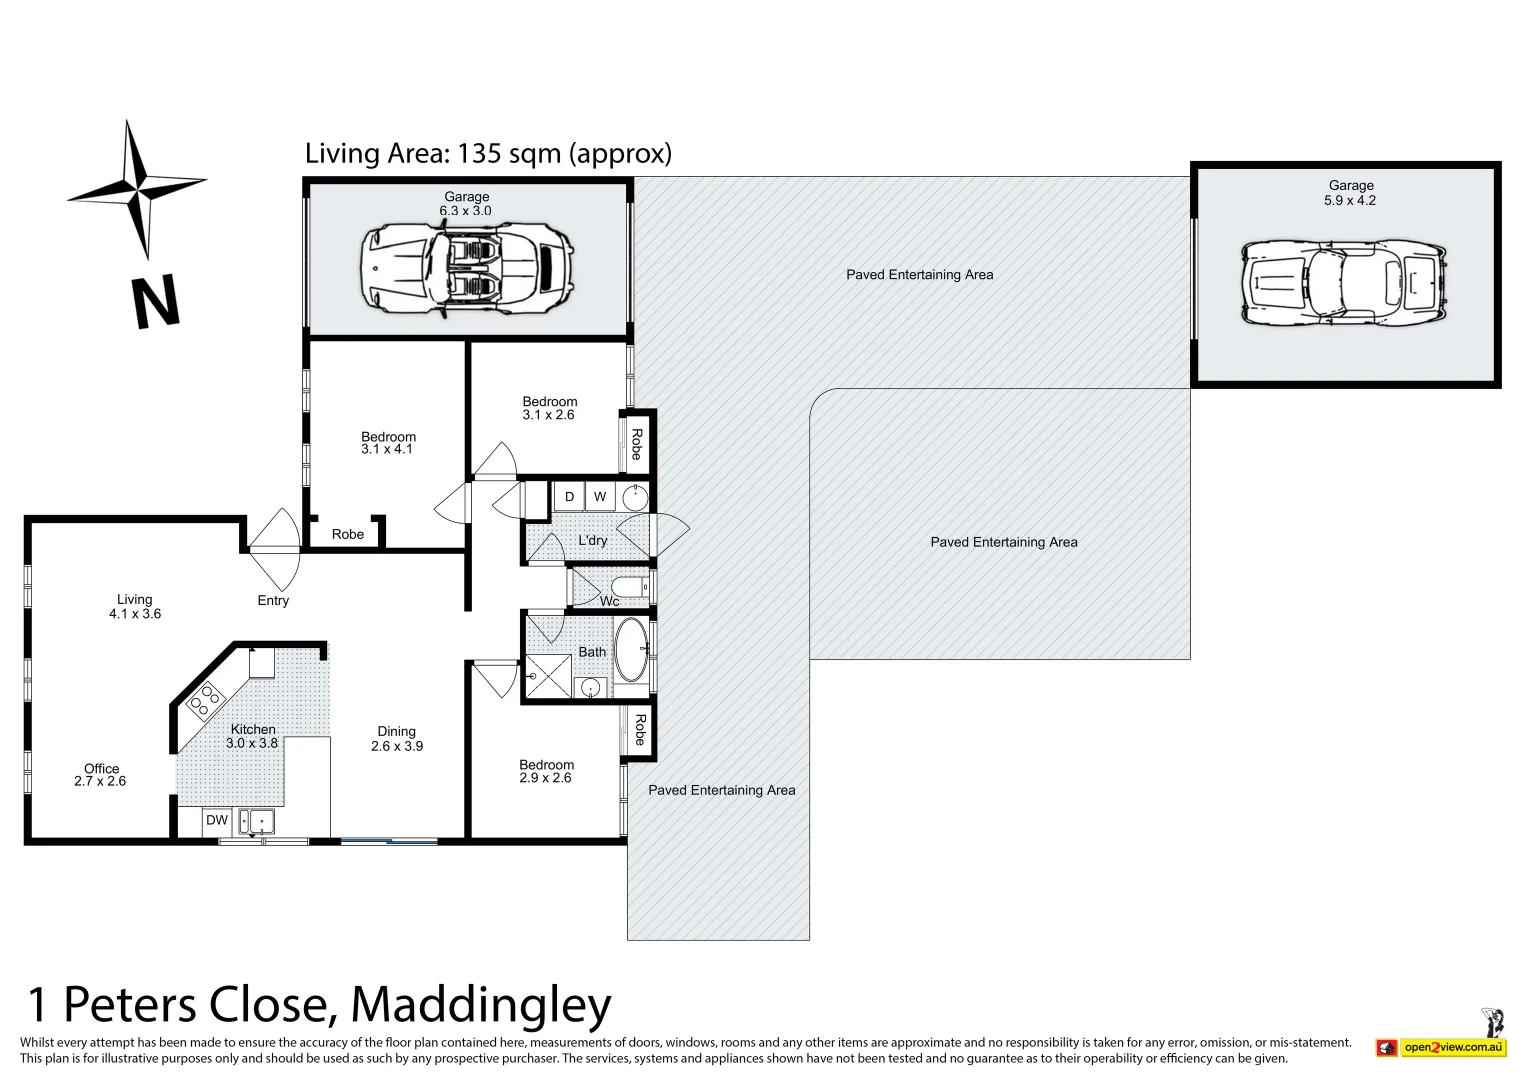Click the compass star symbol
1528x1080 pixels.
(x=137, y=188)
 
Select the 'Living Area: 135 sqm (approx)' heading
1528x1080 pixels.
(x=488, y=154)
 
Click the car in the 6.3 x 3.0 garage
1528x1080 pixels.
(x=466, y=265)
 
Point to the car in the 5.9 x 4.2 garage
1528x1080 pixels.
(x=1343, y=282)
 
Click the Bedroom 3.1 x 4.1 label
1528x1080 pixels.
(x=388, y=443)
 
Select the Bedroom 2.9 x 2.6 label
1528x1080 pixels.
(x=546, y=771)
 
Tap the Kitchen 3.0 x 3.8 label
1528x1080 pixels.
(x=252, y=736)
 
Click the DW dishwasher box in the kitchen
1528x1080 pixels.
(x=217, y=820)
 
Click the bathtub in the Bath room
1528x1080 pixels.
(x=631, y=650)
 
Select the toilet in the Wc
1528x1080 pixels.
(x=629, y=586)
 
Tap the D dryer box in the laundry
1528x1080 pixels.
(x=569, y=497)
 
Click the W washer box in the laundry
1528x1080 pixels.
(x=600, y=497)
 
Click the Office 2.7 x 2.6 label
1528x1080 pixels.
(x=100, y=775)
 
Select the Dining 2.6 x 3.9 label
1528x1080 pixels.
(x=397, y=739)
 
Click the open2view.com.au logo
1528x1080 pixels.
(x=1452, y=1047)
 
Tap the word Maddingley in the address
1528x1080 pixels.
(x=481, y=1005)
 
